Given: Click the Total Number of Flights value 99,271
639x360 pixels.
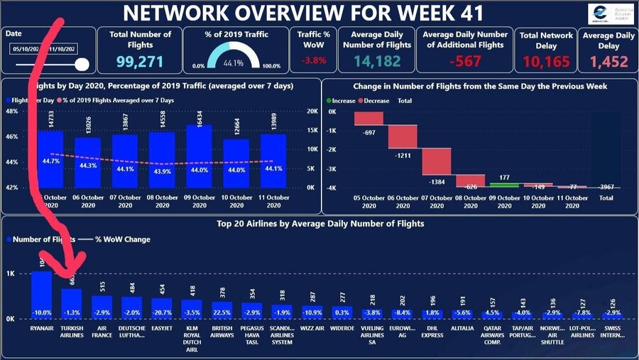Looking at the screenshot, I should pos(140,62).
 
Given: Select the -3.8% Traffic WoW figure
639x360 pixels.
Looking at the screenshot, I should pos(312,60).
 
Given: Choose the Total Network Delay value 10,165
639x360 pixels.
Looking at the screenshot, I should pos(546,62).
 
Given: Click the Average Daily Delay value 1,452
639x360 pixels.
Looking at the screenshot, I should pos(611,62).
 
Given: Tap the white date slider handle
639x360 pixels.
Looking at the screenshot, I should pos(82,65).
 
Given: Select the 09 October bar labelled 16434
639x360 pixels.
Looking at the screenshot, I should pos(200,156).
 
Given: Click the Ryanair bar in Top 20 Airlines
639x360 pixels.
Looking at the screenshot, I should pos(41,295).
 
